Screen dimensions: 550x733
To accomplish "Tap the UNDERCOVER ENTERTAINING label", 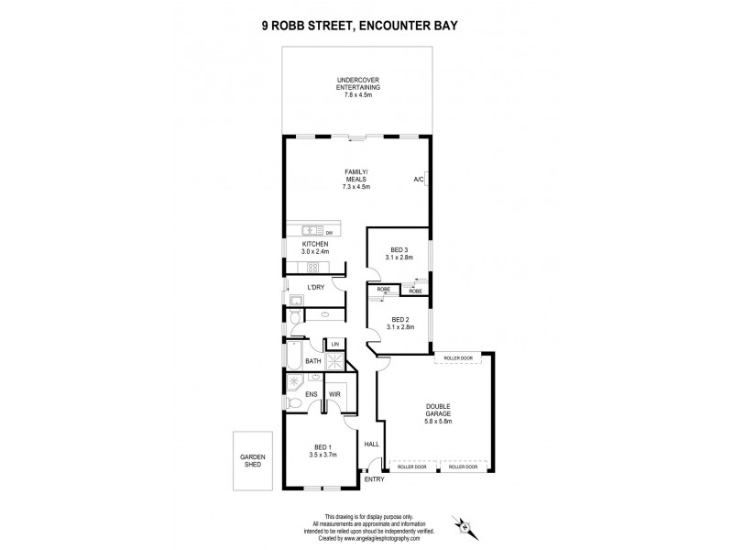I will tap(356, 87).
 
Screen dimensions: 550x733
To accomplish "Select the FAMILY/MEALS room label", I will tap(356, 180).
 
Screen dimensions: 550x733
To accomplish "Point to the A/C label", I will tap(418, 179).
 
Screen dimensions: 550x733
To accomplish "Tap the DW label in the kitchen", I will tap(327, 233).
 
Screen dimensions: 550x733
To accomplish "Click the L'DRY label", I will tap(315, 288).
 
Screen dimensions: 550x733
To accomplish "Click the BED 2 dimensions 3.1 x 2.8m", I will tap(400, 327).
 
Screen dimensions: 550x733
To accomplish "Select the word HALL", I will tap(371, 444).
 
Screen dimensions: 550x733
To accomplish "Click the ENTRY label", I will tap(374, 478).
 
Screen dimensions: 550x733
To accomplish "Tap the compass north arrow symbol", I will tap(466, 526).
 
